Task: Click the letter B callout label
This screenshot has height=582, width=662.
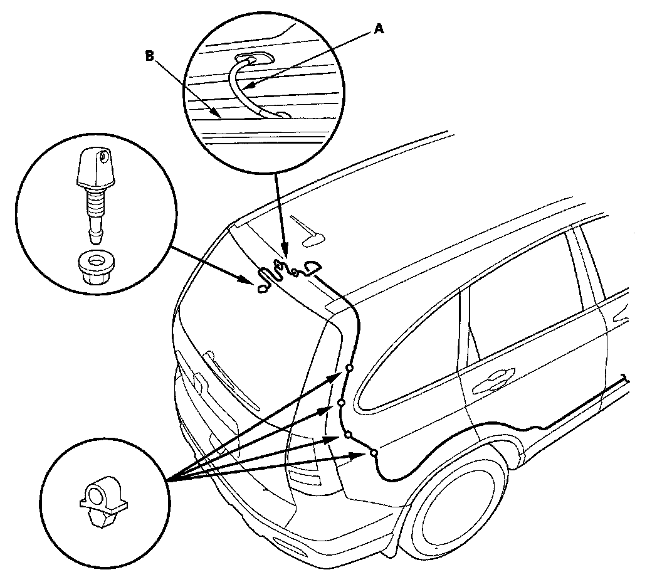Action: click(x=149, y=56)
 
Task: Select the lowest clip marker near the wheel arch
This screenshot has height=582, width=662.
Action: click(x=374, y=452)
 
